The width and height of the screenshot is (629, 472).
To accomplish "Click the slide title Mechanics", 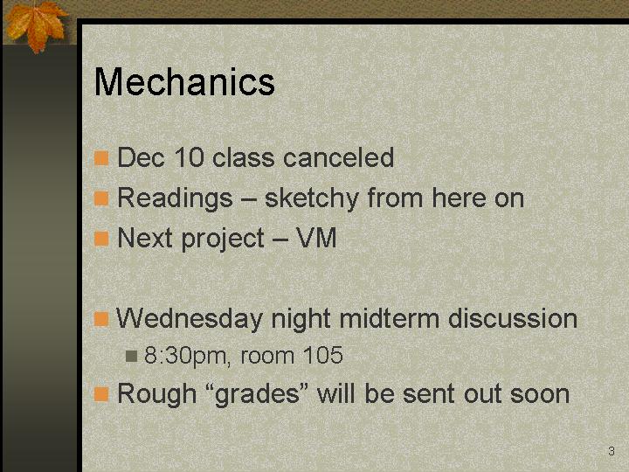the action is click(x=184, y=81).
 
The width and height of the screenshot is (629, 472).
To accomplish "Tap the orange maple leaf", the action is click(x=36, y=24).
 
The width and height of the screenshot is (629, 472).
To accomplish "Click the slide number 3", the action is click(x=612, y=451).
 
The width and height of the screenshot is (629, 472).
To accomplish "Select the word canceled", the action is click(x=339, y=157).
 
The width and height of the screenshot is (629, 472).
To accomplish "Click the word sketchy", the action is click(x=311, y=198).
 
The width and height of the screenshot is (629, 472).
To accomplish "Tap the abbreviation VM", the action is click(x=316, y=238).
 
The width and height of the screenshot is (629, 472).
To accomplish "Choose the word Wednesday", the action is click(x=190, y=319).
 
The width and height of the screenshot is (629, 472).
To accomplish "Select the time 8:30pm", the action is click(x=187, y=356).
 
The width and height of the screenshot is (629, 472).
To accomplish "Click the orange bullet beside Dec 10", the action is click(x=101, y=158).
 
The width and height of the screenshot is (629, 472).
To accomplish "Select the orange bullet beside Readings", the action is click(x=101, y=198).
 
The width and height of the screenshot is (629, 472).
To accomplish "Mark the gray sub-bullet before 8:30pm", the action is click(x=131, y=356).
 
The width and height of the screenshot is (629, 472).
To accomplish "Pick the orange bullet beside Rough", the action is click(x=101, y=394).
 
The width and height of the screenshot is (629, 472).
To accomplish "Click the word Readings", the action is click(x=175, y=198).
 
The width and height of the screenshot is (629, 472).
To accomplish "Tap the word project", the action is click(x=223, y=239).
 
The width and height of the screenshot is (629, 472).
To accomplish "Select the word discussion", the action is click(x=513, y=319).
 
